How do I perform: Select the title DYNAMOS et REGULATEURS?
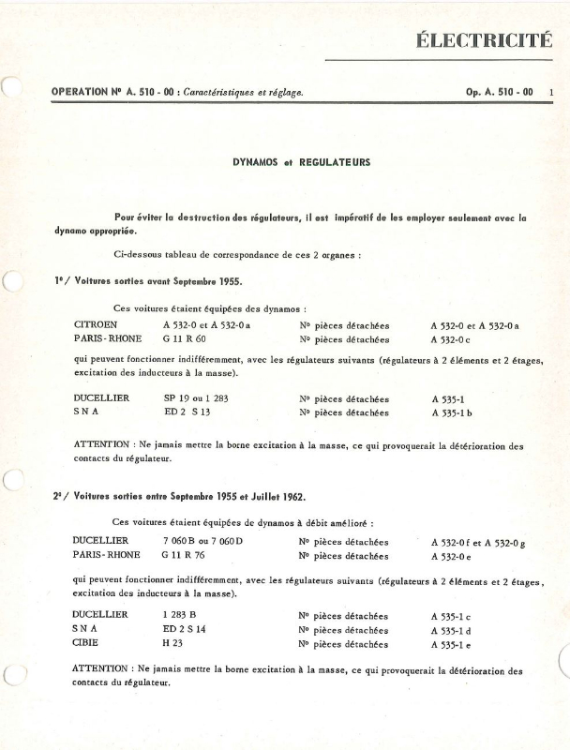(302, 162)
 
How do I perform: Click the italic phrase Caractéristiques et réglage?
(243, 92)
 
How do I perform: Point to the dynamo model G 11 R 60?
(184, 338)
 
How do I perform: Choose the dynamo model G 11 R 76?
(184, 555)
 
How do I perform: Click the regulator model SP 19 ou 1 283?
(198, 397)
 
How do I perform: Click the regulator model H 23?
(172, 644)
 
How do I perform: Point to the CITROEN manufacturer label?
(96, 324)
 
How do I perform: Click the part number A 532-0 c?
(456, 339)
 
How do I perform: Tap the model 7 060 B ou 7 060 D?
(202, 541)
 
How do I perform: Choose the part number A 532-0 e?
(456, 556)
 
